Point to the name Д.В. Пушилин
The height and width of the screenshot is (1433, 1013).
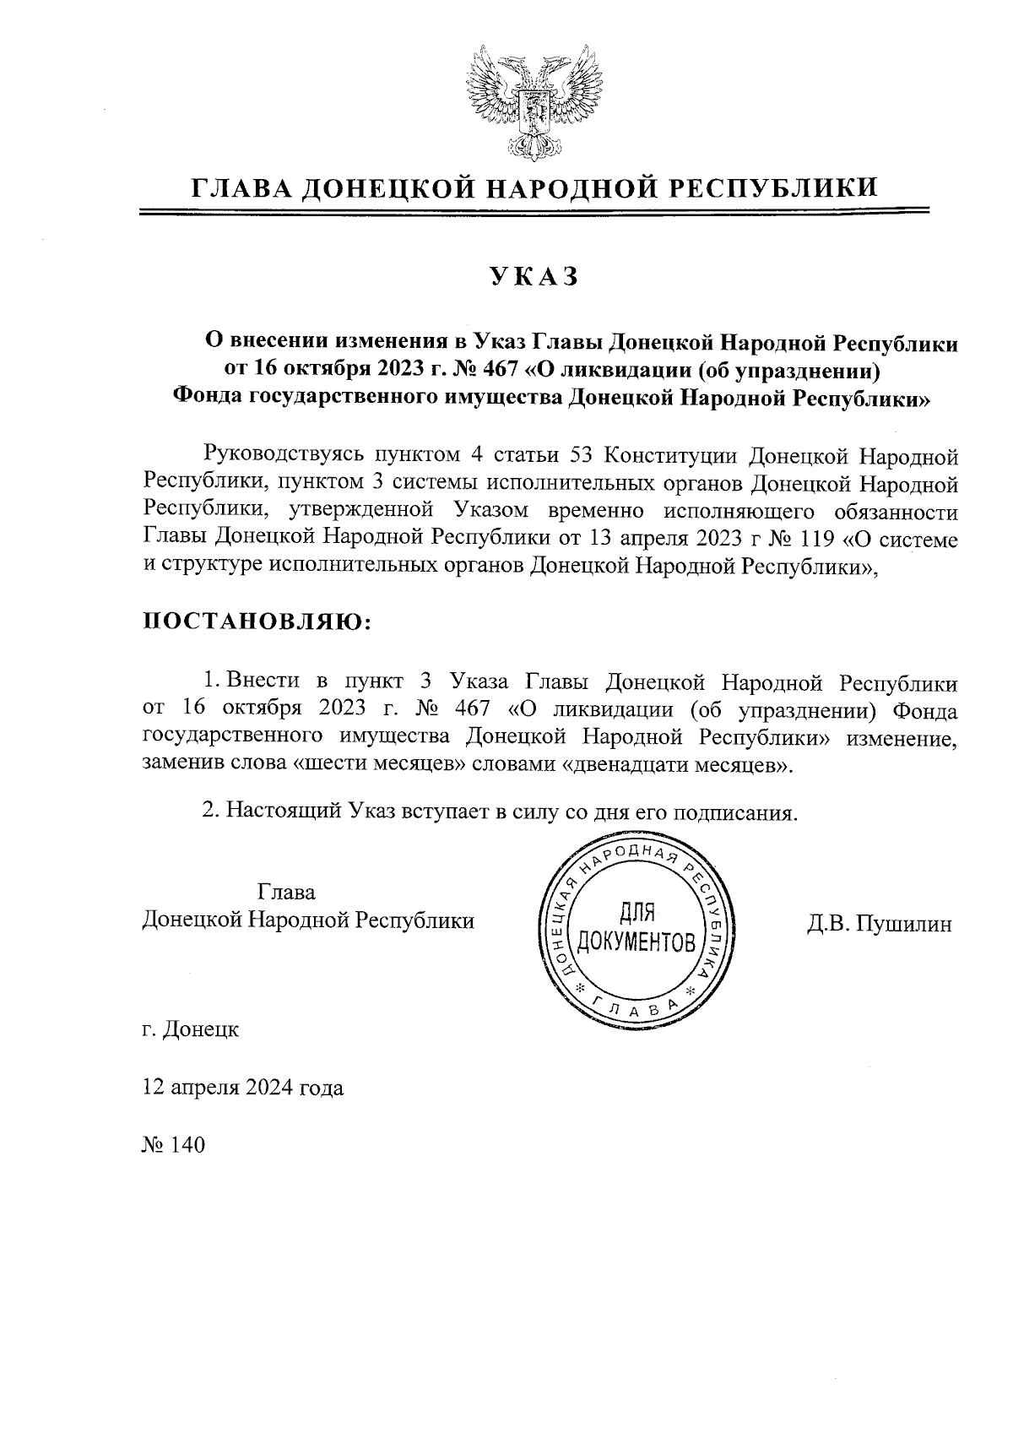click(x=879, y=924)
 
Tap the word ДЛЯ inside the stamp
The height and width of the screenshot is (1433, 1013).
click(x=638, y=912)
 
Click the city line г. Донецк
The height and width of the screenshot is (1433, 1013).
click(x=191, y=1030)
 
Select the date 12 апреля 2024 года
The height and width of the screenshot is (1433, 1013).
click(x=243, y=1088)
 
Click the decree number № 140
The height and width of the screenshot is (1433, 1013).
click(x=174, y=1146)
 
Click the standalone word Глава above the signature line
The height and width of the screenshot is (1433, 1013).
click(x=285, y=893)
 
